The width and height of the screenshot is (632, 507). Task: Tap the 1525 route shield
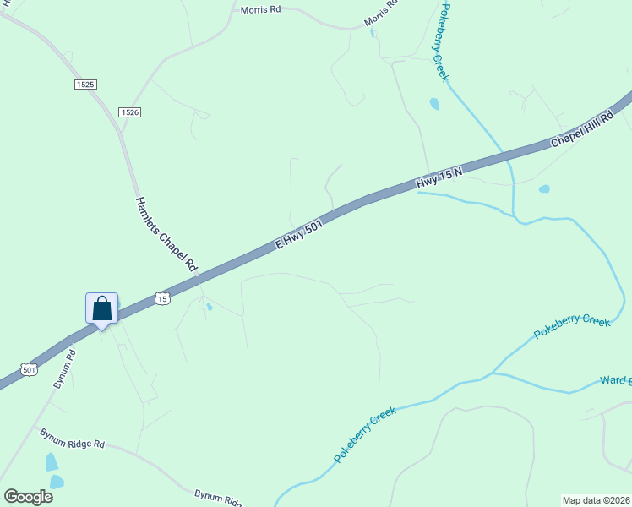click(x=84, y=84)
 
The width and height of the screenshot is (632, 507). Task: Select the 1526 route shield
click(x=129, y=112)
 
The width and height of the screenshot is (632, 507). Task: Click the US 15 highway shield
click(x=163, y=298)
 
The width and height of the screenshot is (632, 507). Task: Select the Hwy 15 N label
click(x=439, y=178)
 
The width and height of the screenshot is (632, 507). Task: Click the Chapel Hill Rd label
click(x=582, y=129)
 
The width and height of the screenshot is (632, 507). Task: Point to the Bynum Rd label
click(x=65, y=368)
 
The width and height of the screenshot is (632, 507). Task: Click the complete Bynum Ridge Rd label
click(x=72, y=438)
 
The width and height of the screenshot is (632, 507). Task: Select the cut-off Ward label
click(x=615, y=381)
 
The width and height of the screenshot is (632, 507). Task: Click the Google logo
click(x=29, y=496)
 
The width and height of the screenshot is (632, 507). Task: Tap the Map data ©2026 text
click(x=596, y=499)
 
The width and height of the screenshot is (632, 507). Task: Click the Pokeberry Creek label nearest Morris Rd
click(x=442, y=42)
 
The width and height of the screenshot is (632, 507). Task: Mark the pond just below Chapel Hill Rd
click(x=544, y=188)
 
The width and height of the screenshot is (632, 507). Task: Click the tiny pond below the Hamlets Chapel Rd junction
click(x=209, y=307)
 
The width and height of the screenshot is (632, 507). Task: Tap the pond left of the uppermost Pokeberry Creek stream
click(x=434, y=104)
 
